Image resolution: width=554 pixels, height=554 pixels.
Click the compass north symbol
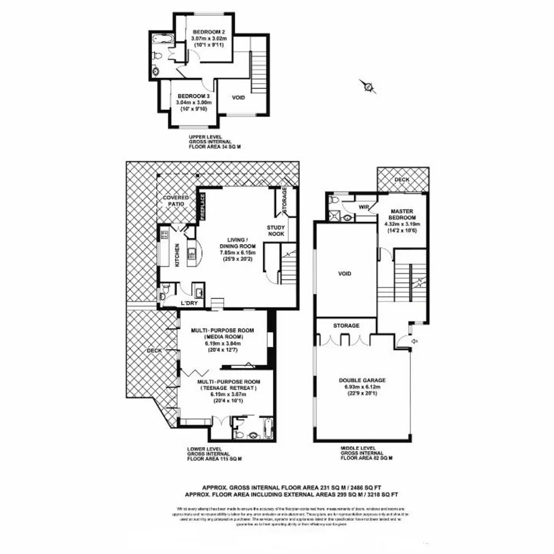click(x=368, y=87)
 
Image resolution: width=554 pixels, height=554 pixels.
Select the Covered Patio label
click(x=176, y=201)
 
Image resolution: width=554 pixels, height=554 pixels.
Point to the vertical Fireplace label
click(x=203, y=207)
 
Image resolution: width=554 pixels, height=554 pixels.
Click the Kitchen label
click(x=177, y=254)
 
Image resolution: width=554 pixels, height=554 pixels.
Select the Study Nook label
click(x=275, y=230)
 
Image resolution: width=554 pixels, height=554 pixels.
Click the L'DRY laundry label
click(x=188, y=304)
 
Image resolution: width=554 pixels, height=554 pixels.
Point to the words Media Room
click(x=222, y=337)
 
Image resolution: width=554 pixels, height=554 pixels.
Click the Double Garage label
click(x=362, y=380)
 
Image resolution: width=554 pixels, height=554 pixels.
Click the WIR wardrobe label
click(x=365, y=208)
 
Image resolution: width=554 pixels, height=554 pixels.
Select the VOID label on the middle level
click(x=345, y=274)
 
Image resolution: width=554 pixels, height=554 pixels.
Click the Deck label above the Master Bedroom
click(x=402, y=180)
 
